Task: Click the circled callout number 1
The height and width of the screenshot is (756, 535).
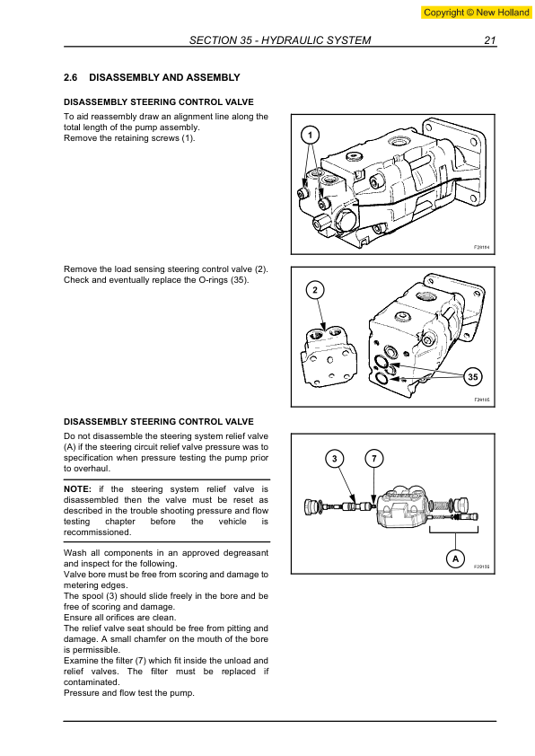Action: pyautogui.click(x=310, y=136)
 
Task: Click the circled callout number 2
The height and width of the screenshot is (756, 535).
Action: pyautogui.click(x=315, y=290)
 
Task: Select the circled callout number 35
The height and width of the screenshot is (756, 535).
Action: pyautogui.click(x=473, y=376)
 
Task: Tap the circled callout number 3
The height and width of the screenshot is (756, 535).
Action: pyautogui.click(x=335, y=458)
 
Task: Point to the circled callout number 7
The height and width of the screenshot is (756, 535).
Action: pyautogui.click(x=374, y=458)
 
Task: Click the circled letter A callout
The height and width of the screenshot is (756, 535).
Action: pyautogui.click(x=455, y=558)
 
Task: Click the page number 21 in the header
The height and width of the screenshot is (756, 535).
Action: pyautogui.click(x=490, y=40)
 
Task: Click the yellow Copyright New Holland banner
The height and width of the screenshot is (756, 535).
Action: pyautogui.click(x=476, y=13)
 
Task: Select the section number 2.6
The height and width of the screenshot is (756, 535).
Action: pyautogui.click(x=70, y=77)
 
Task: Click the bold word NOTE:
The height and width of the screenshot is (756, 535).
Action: pyautogui.click(x=77, y=489)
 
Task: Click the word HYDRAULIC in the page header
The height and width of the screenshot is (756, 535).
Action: pyautogui.click(x=289, y=40)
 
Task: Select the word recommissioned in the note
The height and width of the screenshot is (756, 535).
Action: pyautogui.click(x=97, y=532)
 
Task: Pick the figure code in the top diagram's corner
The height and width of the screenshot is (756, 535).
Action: pyautogui.click(x=481, y=247)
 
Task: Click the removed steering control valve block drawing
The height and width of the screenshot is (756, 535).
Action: pyautogui.click(x=329, y=356)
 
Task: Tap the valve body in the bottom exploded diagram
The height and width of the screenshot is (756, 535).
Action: pyautogui.click(x=402, y=506)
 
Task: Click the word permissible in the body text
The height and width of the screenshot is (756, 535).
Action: pyautogui.click(x=92, y=650)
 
